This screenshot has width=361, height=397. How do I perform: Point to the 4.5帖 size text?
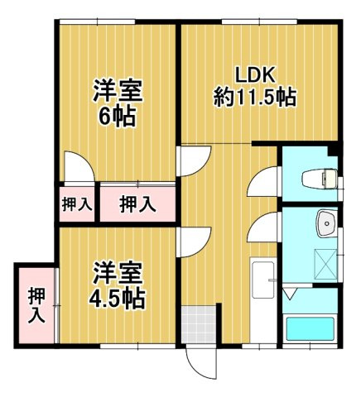coord(117,295)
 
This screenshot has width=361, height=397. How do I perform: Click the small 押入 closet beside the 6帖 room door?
coord(77,203)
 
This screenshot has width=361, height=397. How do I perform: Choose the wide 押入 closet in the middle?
coord(136,203)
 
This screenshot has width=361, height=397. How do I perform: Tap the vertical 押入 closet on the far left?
coord(35,304)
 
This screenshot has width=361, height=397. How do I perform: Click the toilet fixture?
coord(320,177)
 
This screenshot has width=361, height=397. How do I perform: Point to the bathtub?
coord(309,329)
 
